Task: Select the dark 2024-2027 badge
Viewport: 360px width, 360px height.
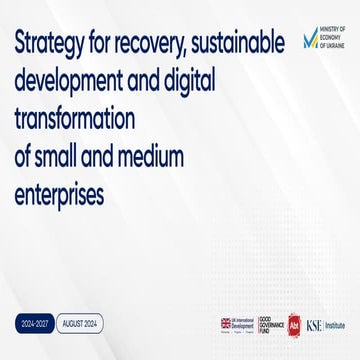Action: click(35, 323)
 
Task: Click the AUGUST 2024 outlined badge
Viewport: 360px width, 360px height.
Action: click(79, 323)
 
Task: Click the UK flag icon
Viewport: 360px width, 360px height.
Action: click(225, 322)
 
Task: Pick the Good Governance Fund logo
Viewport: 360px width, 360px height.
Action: click(271, 323)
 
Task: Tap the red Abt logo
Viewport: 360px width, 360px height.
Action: click(295, 323)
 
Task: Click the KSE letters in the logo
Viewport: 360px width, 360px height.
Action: click(315, 323)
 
